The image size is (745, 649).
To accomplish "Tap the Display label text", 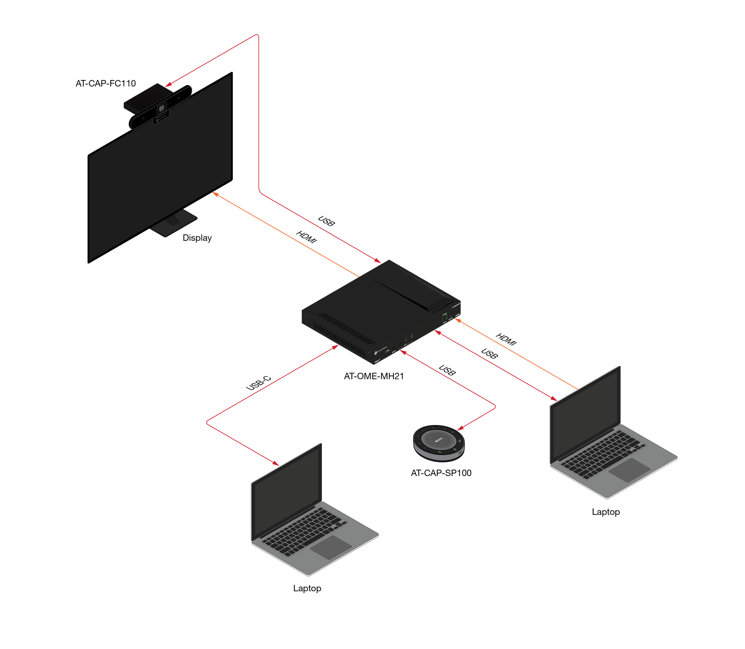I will click(197, 238).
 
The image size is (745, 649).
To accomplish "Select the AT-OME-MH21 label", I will click(373, 376).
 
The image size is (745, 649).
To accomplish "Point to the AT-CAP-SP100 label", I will click(441, 473).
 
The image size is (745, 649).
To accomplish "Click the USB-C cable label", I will click(258, 383).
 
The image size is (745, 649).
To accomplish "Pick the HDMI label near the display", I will click(306, 237).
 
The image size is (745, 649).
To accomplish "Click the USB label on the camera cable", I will click(326, 221).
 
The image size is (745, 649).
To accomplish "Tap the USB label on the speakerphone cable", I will click(447, 370).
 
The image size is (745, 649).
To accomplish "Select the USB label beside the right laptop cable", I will click(489, 353).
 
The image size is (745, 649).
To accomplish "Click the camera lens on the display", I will click(162, 108).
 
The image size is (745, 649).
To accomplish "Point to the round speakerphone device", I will click(439, 443).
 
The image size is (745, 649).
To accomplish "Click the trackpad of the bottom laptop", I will click(330, 547).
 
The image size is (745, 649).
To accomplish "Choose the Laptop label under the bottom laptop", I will click(307, 588).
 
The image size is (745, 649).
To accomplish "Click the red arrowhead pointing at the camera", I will click(169, 85).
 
